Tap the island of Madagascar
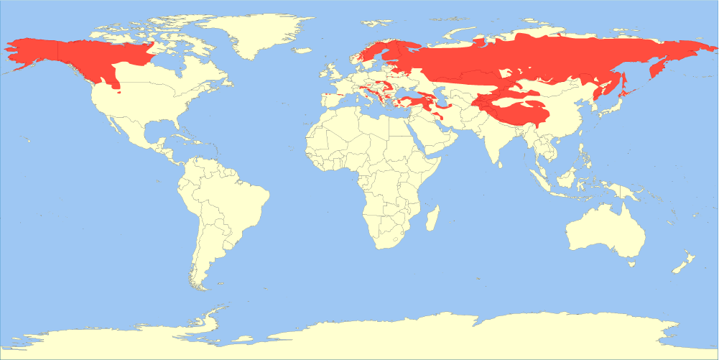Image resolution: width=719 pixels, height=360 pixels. point(432,217)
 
